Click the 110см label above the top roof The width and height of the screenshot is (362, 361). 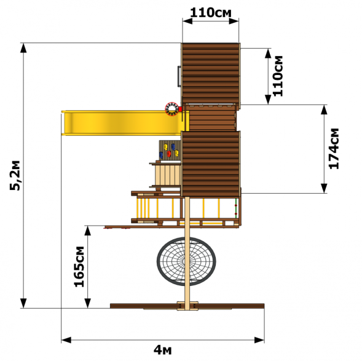[211, 13]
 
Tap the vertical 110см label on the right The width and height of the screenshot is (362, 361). [278, 76]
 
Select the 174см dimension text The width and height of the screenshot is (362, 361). [334, 149]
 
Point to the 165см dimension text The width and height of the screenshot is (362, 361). [79, 267]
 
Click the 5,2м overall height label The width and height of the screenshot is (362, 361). [15, 175]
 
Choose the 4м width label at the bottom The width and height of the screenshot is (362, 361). [163, 350]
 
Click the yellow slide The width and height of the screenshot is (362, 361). [125, 123]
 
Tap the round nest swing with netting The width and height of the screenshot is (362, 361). [186, 261]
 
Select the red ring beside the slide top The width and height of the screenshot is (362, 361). [172, 109]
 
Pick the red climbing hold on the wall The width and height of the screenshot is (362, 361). [169, 154]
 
